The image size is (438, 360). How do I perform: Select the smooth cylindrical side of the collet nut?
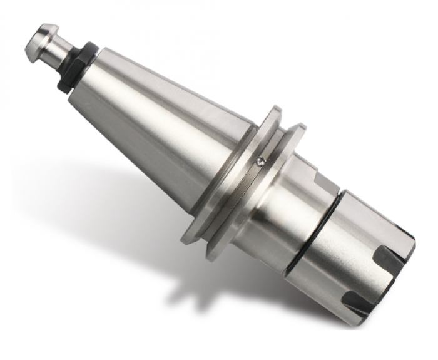(350, 250)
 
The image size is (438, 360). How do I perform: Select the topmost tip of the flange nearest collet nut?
(297, 129)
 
